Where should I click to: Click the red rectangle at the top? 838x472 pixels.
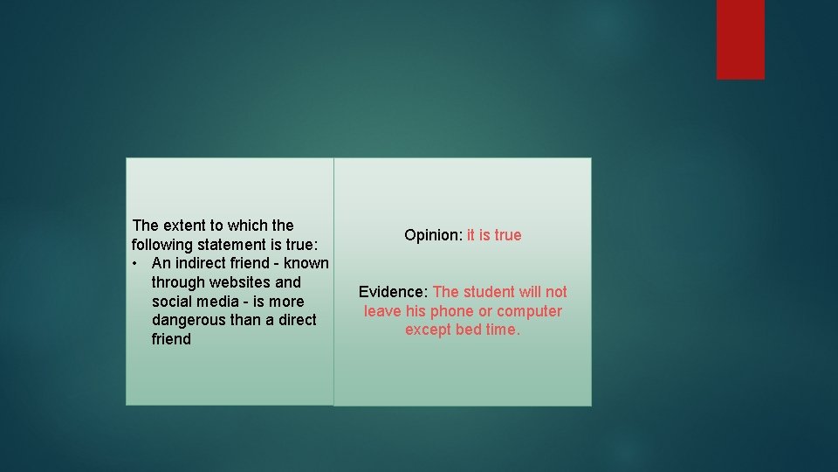[740, 38]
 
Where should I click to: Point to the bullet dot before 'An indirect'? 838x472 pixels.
[136, 263]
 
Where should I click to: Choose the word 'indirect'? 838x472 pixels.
[203, 263]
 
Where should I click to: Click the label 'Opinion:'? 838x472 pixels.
[433, 235]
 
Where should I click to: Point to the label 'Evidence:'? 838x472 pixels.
[393, 292]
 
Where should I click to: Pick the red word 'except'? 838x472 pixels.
[428, 330]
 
